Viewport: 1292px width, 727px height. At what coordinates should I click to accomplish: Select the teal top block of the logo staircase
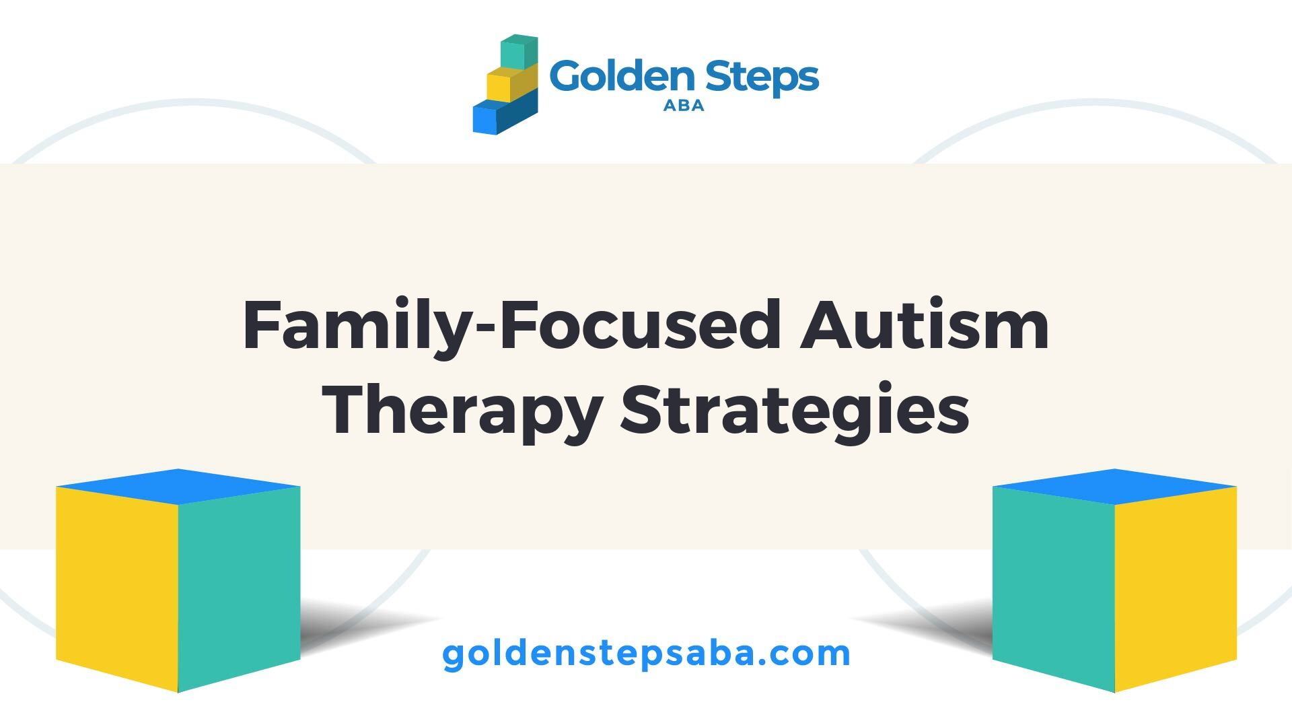coord(519,52)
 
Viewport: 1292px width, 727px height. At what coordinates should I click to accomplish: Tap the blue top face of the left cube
coord(178,486)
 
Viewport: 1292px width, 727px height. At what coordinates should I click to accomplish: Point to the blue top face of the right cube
coord(1114,486)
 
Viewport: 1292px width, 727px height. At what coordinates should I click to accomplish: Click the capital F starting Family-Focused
coord(263,326)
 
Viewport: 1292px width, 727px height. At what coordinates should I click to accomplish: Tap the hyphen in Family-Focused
coord(479,331)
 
